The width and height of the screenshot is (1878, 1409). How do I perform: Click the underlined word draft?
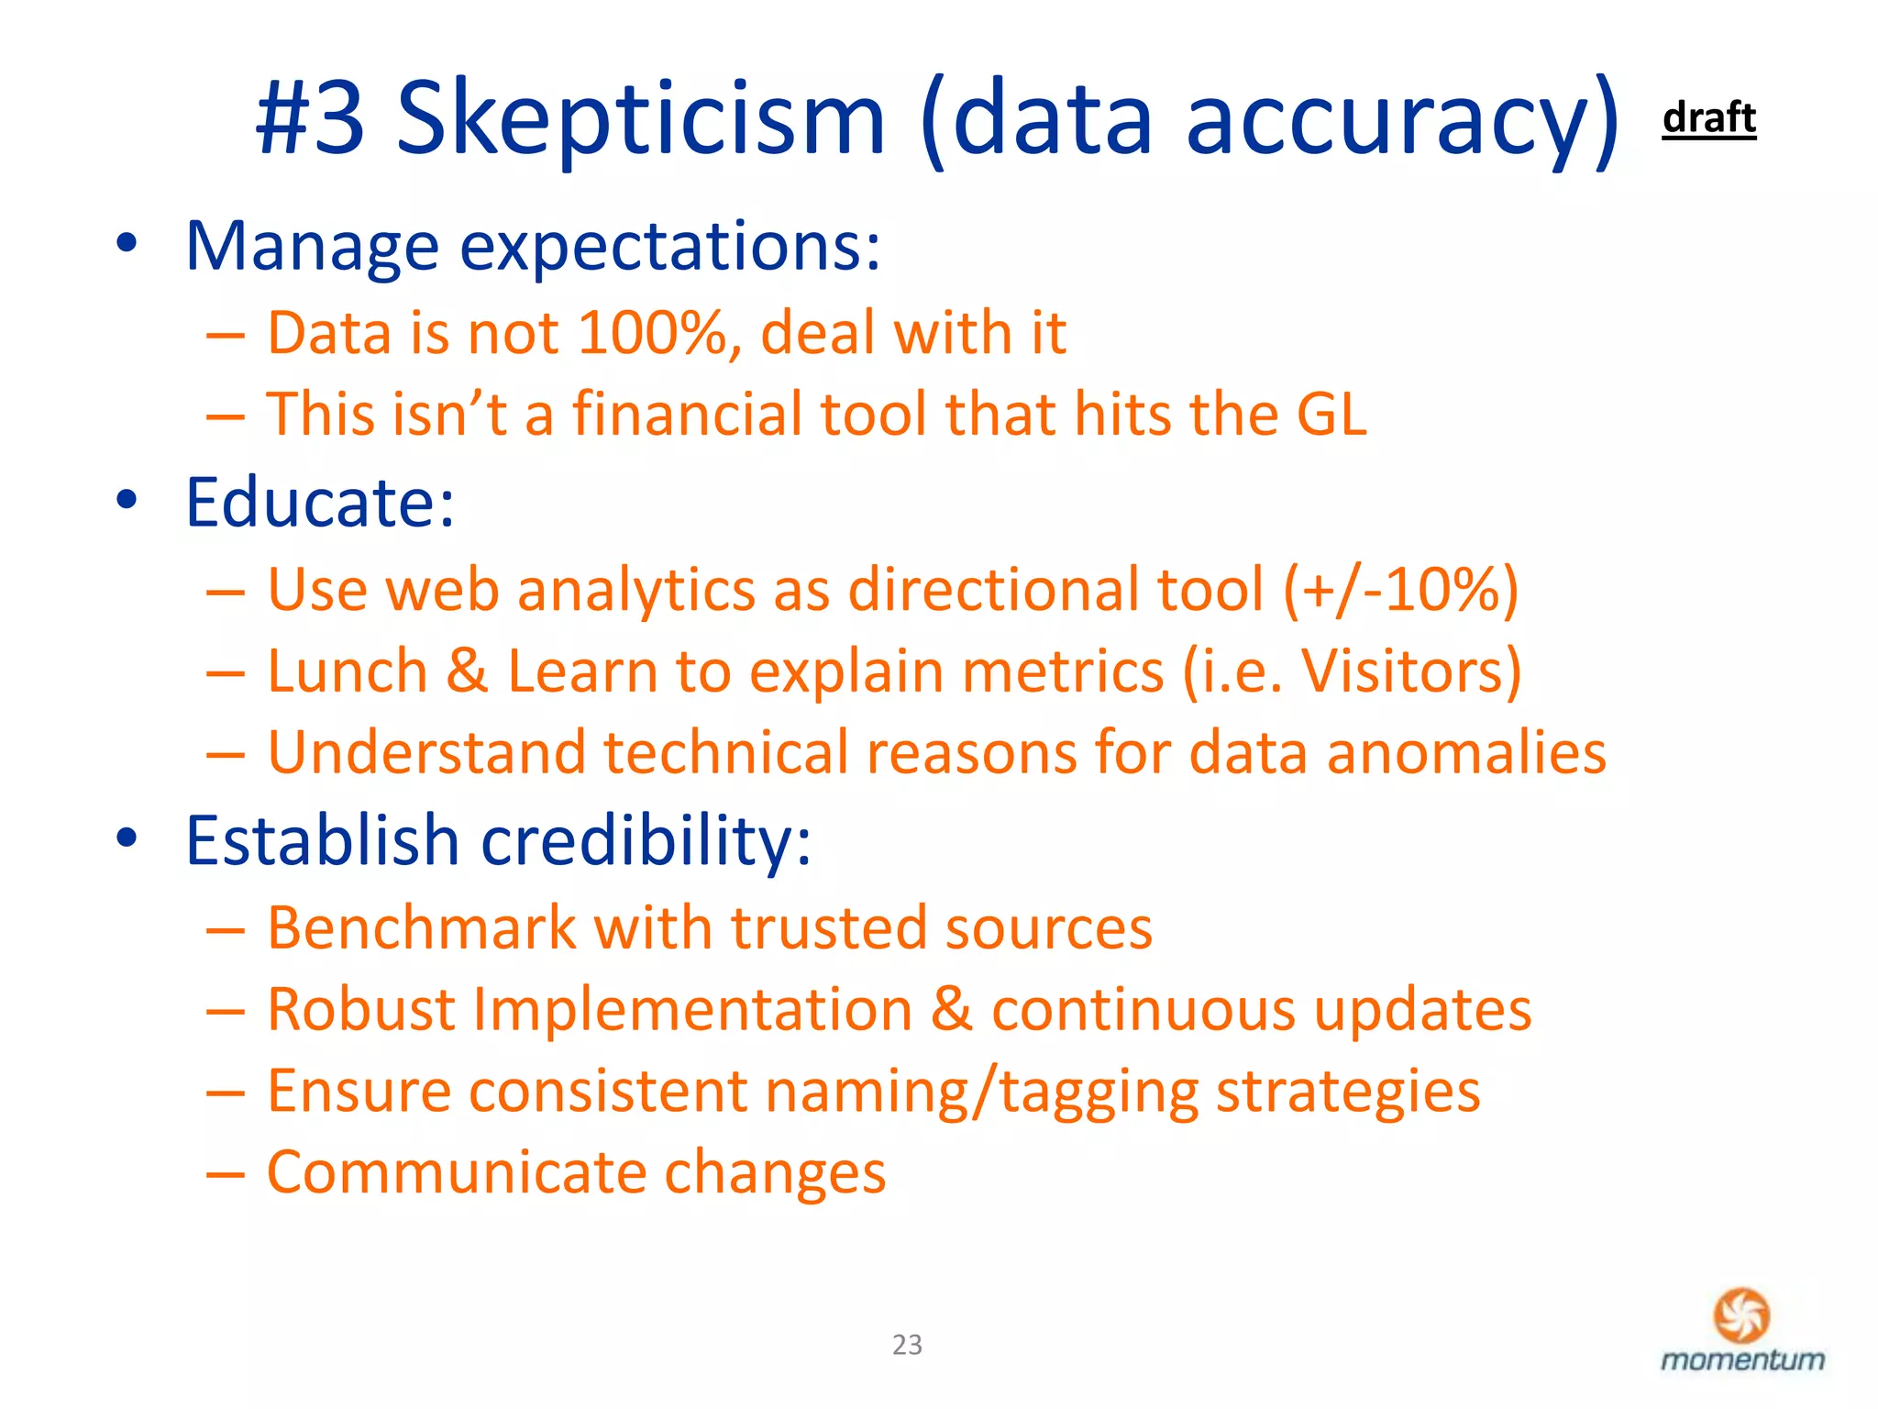(1708, 118)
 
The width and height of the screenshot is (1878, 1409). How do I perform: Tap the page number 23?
(907, 1344)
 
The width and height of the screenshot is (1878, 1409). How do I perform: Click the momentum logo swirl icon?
(1741, 1315)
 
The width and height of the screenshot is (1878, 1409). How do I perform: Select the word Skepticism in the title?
(641, 119)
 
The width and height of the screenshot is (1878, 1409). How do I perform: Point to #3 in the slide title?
(310, 119)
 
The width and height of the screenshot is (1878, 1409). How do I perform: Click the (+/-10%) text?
(1400, 589)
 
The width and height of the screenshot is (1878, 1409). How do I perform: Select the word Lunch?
(348, 671)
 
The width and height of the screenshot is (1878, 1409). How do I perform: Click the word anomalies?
(1466, 752)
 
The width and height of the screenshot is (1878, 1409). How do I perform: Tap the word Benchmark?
(421, 927)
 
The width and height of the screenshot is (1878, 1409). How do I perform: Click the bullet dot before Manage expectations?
(127, 245)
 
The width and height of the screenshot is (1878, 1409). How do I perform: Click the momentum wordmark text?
(1742, 1359)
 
